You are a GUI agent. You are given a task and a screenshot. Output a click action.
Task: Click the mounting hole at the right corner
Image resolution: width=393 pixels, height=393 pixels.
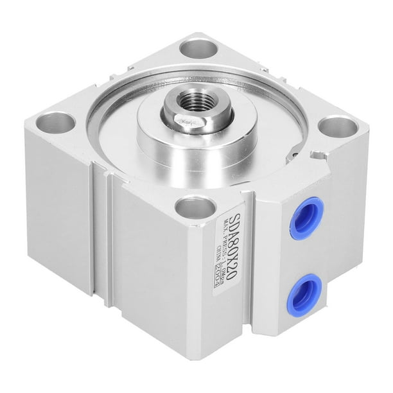331,127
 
